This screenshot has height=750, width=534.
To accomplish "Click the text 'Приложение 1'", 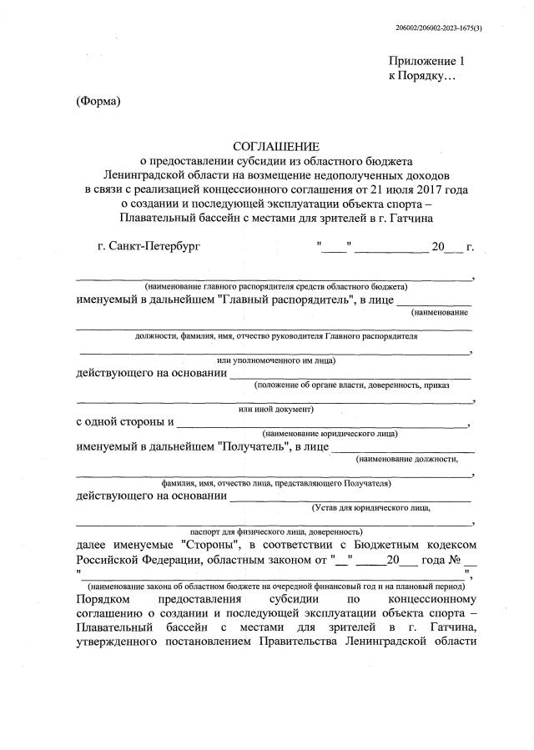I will pos(425,61).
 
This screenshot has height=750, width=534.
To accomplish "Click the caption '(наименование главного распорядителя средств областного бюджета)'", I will pos(275,285).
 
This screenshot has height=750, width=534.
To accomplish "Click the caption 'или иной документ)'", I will pos(275,410).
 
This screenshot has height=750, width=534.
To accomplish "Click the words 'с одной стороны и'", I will pos(125,423).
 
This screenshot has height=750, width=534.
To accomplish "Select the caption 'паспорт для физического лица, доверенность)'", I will pos(276,531).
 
